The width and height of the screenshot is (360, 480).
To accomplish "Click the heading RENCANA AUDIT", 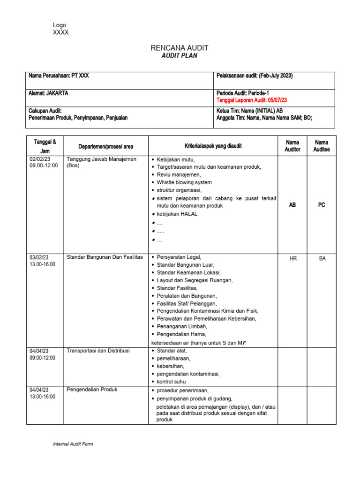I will point(180,48).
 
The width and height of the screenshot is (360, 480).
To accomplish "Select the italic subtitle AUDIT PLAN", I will point(180,56).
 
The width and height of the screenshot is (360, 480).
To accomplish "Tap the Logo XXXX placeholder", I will point(60,29).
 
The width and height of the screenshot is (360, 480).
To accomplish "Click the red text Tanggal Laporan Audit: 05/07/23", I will point(252,100).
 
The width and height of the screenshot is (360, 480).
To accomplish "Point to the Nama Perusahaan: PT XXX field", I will point(59,76).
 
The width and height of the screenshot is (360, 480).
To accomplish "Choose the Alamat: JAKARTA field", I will point(48,93).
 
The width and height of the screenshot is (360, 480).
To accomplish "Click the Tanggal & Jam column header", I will point(45,146).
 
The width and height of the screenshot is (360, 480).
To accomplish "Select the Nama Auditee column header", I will point(322,146).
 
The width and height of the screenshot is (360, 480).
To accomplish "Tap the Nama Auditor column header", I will point(292,146).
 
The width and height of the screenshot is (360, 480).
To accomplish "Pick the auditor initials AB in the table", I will point(292,205).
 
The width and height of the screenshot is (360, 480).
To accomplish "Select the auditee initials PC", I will point(322,205).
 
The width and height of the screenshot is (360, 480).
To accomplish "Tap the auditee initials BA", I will point(322,258).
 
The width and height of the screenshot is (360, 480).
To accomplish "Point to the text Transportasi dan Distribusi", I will point(98,351).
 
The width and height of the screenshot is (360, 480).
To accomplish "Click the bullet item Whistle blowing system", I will point(184,182).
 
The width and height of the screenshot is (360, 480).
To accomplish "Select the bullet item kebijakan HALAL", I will point(177,214).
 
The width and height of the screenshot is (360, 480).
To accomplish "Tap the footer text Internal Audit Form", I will point(73,444).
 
